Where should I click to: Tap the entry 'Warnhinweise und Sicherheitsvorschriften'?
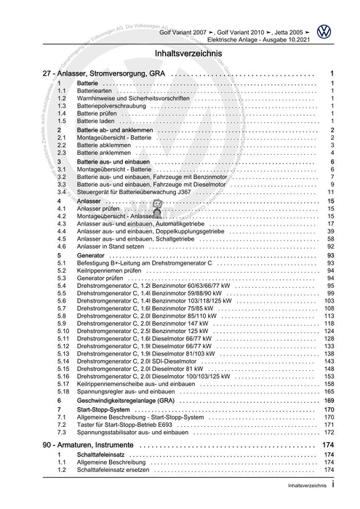(x=142, y=98)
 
